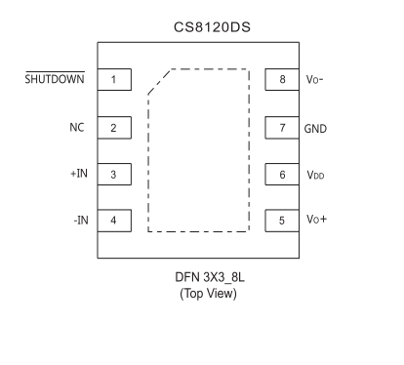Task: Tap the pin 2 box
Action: (x=114, y=127)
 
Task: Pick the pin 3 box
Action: (x=114, y=174)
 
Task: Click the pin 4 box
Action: (x=114, y=221)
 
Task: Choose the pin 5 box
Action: (x=282, y=221)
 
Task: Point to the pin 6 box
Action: (x=282, y=174)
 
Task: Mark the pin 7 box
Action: (x=282, y=127)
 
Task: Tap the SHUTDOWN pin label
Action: (x=53, y=79)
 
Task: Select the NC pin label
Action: (x=78, y=127)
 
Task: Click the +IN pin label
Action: (x=77, y=174)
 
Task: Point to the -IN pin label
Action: (x=79, y=221)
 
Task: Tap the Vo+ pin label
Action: (x=316, y=221)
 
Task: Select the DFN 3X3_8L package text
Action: (x=206, y=278)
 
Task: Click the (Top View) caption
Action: (x=206, y=295)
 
